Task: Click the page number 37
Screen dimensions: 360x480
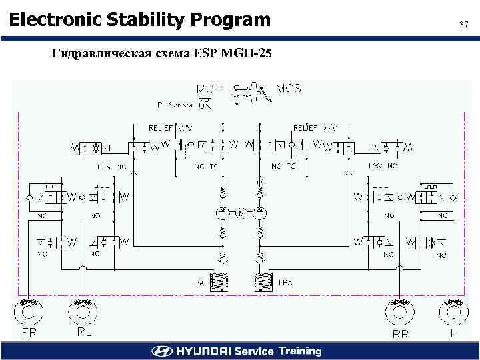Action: (465, 25)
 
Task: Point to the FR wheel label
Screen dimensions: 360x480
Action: (29, 331)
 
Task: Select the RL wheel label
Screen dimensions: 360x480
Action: (84, 331)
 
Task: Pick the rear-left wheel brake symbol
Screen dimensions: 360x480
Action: (82, 311)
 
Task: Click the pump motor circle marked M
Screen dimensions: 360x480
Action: (239, 213)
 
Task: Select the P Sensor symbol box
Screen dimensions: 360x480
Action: (205, 103)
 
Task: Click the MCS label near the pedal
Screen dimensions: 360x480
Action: (288, 88)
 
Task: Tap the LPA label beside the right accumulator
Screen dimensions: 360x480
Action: (284, 283)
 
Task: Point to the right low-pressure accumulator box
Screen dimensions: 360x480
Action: (263, 282)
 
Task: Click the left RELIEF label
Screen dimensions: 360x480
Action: (161, 127)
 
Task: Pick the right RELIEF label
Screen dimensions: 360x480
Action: (305, 127)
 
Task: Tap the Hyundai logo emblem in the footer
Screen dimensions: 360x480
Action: (162, 351)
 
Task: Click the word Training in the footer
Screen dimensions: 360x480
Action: (300, 351)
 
